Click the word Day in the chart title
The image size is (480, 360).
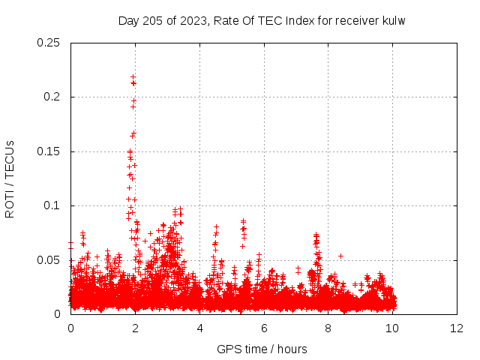[128, 20]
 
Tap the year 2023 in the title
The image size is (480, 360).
[194, 20]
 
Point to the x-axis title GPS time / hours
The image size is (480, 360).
[262, 349]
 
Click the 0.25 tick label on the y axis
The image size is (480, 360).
[50, 43]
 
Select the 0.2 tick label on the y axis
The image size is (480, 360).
[54, 97]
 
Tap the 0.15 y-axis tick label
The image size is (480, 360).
[50, 151]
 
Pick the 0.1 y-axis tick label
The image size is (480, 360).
[54, 205]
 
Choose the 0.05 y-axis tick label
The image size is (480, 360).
[50, 260]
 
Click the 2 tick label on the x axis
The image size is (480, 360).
[135, 328]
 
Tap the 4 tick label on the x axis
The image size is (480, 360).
[199, 328]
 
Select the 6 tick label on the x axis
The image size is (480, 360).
[264, 328]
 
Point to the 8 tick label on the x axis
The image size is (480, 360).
[328, 328]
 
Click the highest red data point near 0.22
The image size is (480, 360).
[133, 76]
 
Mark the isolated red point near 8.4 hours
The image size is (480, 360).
[340, 256]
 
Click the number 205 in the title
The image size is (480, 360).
[153, 20]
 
